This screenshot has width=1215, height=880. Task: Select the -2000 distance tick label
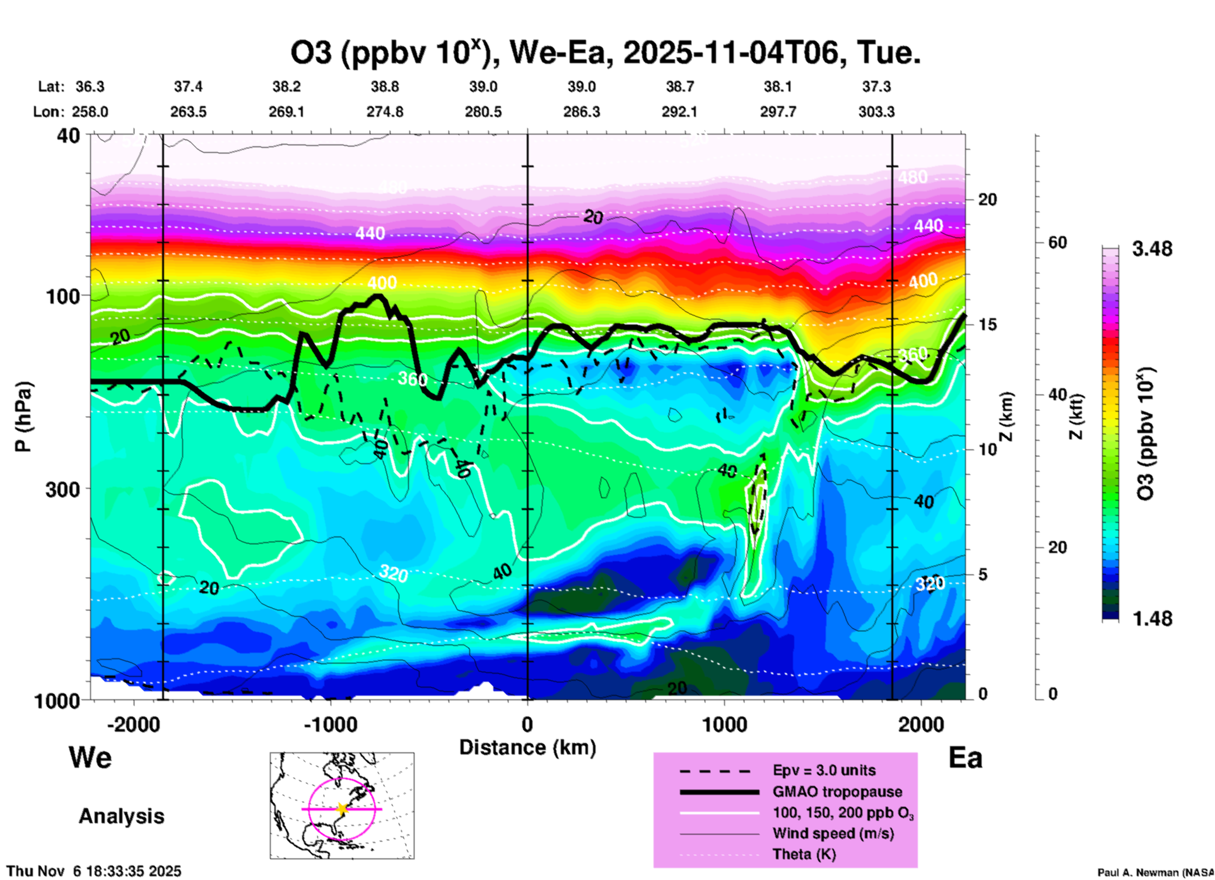pyautogui.click(x=134, y=724)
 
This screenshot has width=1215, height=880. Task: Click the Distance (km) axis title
pyautogui.click(x=527, y=747)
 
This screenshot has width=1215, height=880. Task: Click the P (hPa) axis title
pyautogui.click(x=23, y=417)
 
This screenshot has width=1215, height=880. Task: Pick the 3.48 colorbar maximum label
pyautogui.click(x=1152, y=249)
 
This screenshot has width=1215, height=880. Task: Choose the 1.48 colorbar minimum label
pyautogui.click(x=1152, y=619)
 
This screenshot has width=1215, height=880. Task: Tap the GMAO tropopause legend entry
pyautogui.click(x=837, y=792)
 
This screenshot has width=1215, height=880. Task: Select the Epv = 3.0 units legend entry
pyautogui.click(x=824, y=771)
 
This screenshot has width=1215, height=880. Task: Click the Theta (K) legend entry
pyautogui.click(x=804, y=855)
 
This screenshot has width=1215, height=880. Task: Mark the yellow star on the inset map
pyautogui.click(x=342, y=809)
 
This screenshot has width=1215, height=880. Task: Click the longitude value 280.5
pyautogui.click(x=483, y=112)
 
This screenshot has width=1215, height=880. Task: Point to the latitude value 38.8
pyautogui.click(x=385, y=86)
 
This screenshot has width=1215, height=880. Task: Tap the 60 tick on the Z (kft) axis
pyautogui.click(x=1058, y=243)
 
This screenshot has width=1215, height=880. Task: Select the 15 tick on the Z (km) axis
pyautogui.click(x=987, y=324)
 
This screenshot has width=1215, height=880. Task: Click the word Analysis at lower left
pyautogui.click(x=121, y=816)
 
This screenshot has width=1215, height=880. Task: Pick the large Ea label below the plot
pyautogui.click(x=965, y=758)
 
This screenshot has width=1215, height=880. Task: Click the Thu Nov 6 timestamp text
pyautogui.click(x=93, y=871)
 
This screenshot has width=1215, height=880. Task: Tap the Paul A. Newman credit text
pyautogui.click(x=1155, y=872)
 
